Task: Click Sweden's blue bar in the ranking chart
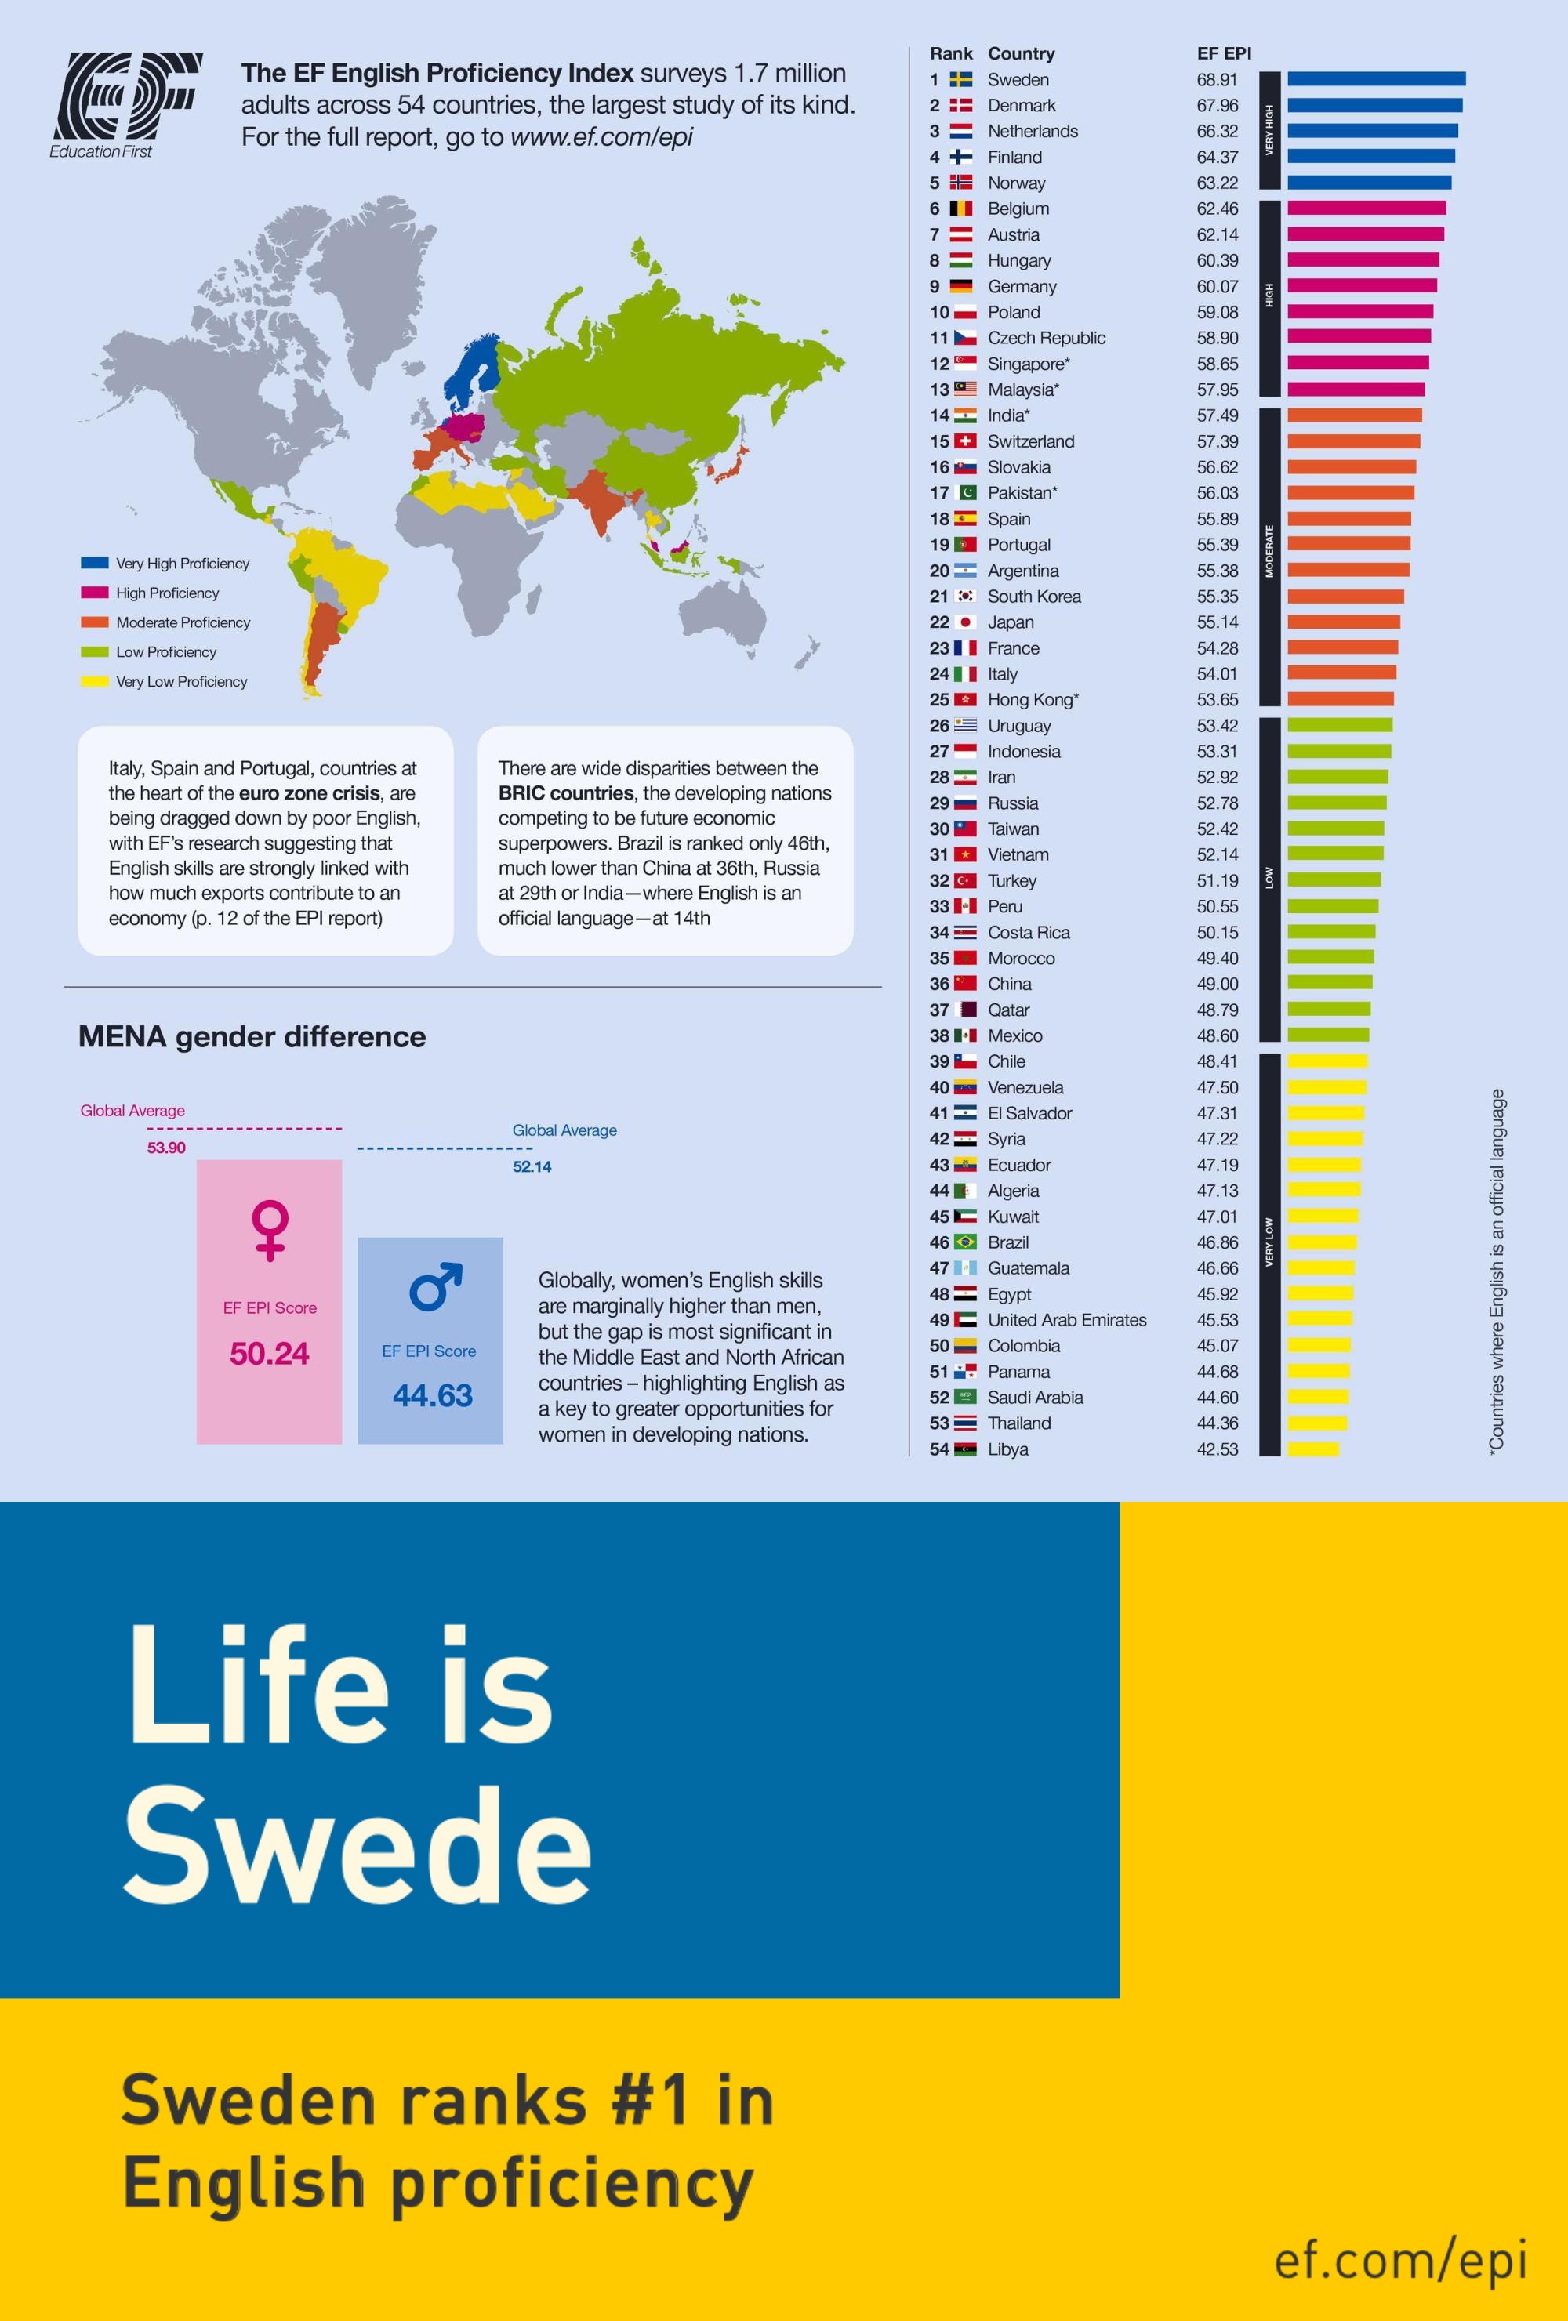pos(1376,79)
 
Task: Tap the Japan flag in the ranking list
pos(964,622)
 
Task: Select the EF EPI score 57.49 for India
pos(1218,415)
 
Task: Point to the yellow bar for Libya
pos(1312,1449)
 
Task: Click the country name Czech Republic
pos(1046,338)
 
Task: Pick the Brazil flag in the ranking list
pos(964,1242)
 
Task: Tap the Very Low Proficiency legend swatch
pos(95,681)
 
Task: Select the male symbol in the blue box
pos(435,1286)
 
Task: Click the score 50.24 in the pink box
pos(269,1353)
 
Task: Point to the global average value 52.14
pos(532,1166)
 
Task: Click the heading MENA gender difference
pos(252,1037)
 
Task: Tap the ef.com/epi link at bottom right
pos(1400,2259)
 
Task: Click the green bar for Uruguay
pos(1339,725)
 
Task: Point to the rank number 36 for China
pos(938,984)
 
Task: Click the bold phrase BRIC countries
pos(565,793)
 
